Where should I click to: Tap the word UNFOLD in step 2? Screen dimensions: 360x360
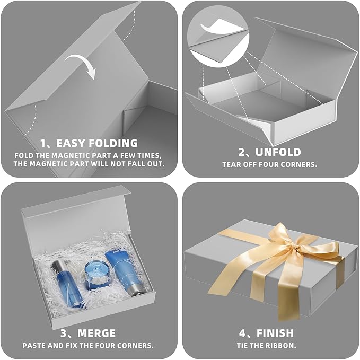[282, 152]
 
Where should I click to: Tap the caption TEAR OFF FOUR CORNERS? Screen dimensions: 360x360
[269, 164]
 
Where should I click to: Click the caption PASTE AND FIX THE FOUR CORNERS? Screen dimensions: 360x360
[88, 345]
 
